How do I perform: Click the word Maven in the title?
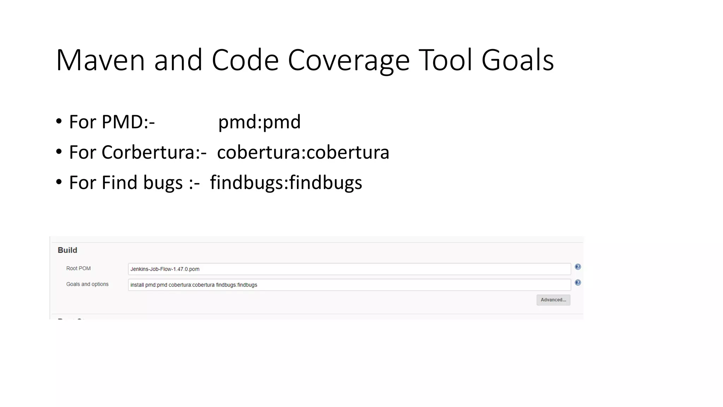tap(100, 60)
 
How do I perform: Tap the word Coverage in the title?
tap(348, 60)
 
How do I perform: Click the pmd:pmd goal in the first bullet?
tap(259, 122)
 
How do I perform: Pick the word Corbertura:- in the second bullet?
tap(154, 152)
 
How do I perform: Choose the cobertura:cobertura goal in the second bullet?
tap(303, 152)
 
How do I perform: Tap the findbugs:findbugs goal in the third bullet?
tap(286, 183)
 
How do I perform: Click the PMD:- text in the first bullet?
tap(128, 122)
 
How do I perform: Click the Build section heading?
tap(67, 250)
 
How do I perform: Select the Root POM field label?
tap(78, 269)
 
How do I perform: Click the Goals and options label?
tap(87, 284)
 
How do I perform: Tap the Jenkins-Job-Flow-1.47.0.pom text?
tap(165, 269)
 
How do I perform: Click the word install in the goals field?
tap(137, 285)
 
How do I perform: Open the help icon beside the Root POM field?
tap(578, 267)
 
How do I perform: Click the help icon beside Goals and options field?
tap(578, 283)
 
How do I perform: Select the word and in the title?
tap(178, 60)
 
